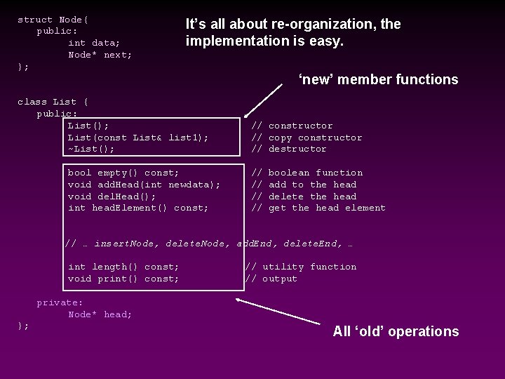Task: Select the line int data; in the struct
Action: pyautogui.click(x=94, y=43)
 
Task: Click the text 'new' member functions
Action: pyautogui.click(x=378, y=79)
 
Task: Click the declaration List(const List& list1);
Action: pyautogui.click(x=138, y=138)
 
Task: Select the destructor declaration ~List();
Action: pyautogui.click(x=90, y=149)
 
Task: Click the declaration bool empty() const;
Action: pyautogui.click(x=123, y=173)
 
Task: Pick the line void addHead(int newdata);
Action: pyautogui.click(x=144, y=185)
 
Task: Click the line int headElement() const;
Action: pyautogui.click(x=138, y=208)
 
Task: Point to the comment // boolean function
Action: pyautogui.click(x=307, y=173)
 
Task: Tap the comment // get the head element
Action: pyautogui.click(x=318, y=208)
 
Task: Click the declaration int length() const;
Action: pyautogui.click(x=123, y=267)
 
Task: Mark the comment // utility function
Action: pyautogui.click(x=300, y=267)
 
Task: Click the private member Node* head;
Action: pyautogui.click(x=100, y=314)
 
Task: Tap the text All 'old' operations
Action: pyautogui.click(x=396, y=331)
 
